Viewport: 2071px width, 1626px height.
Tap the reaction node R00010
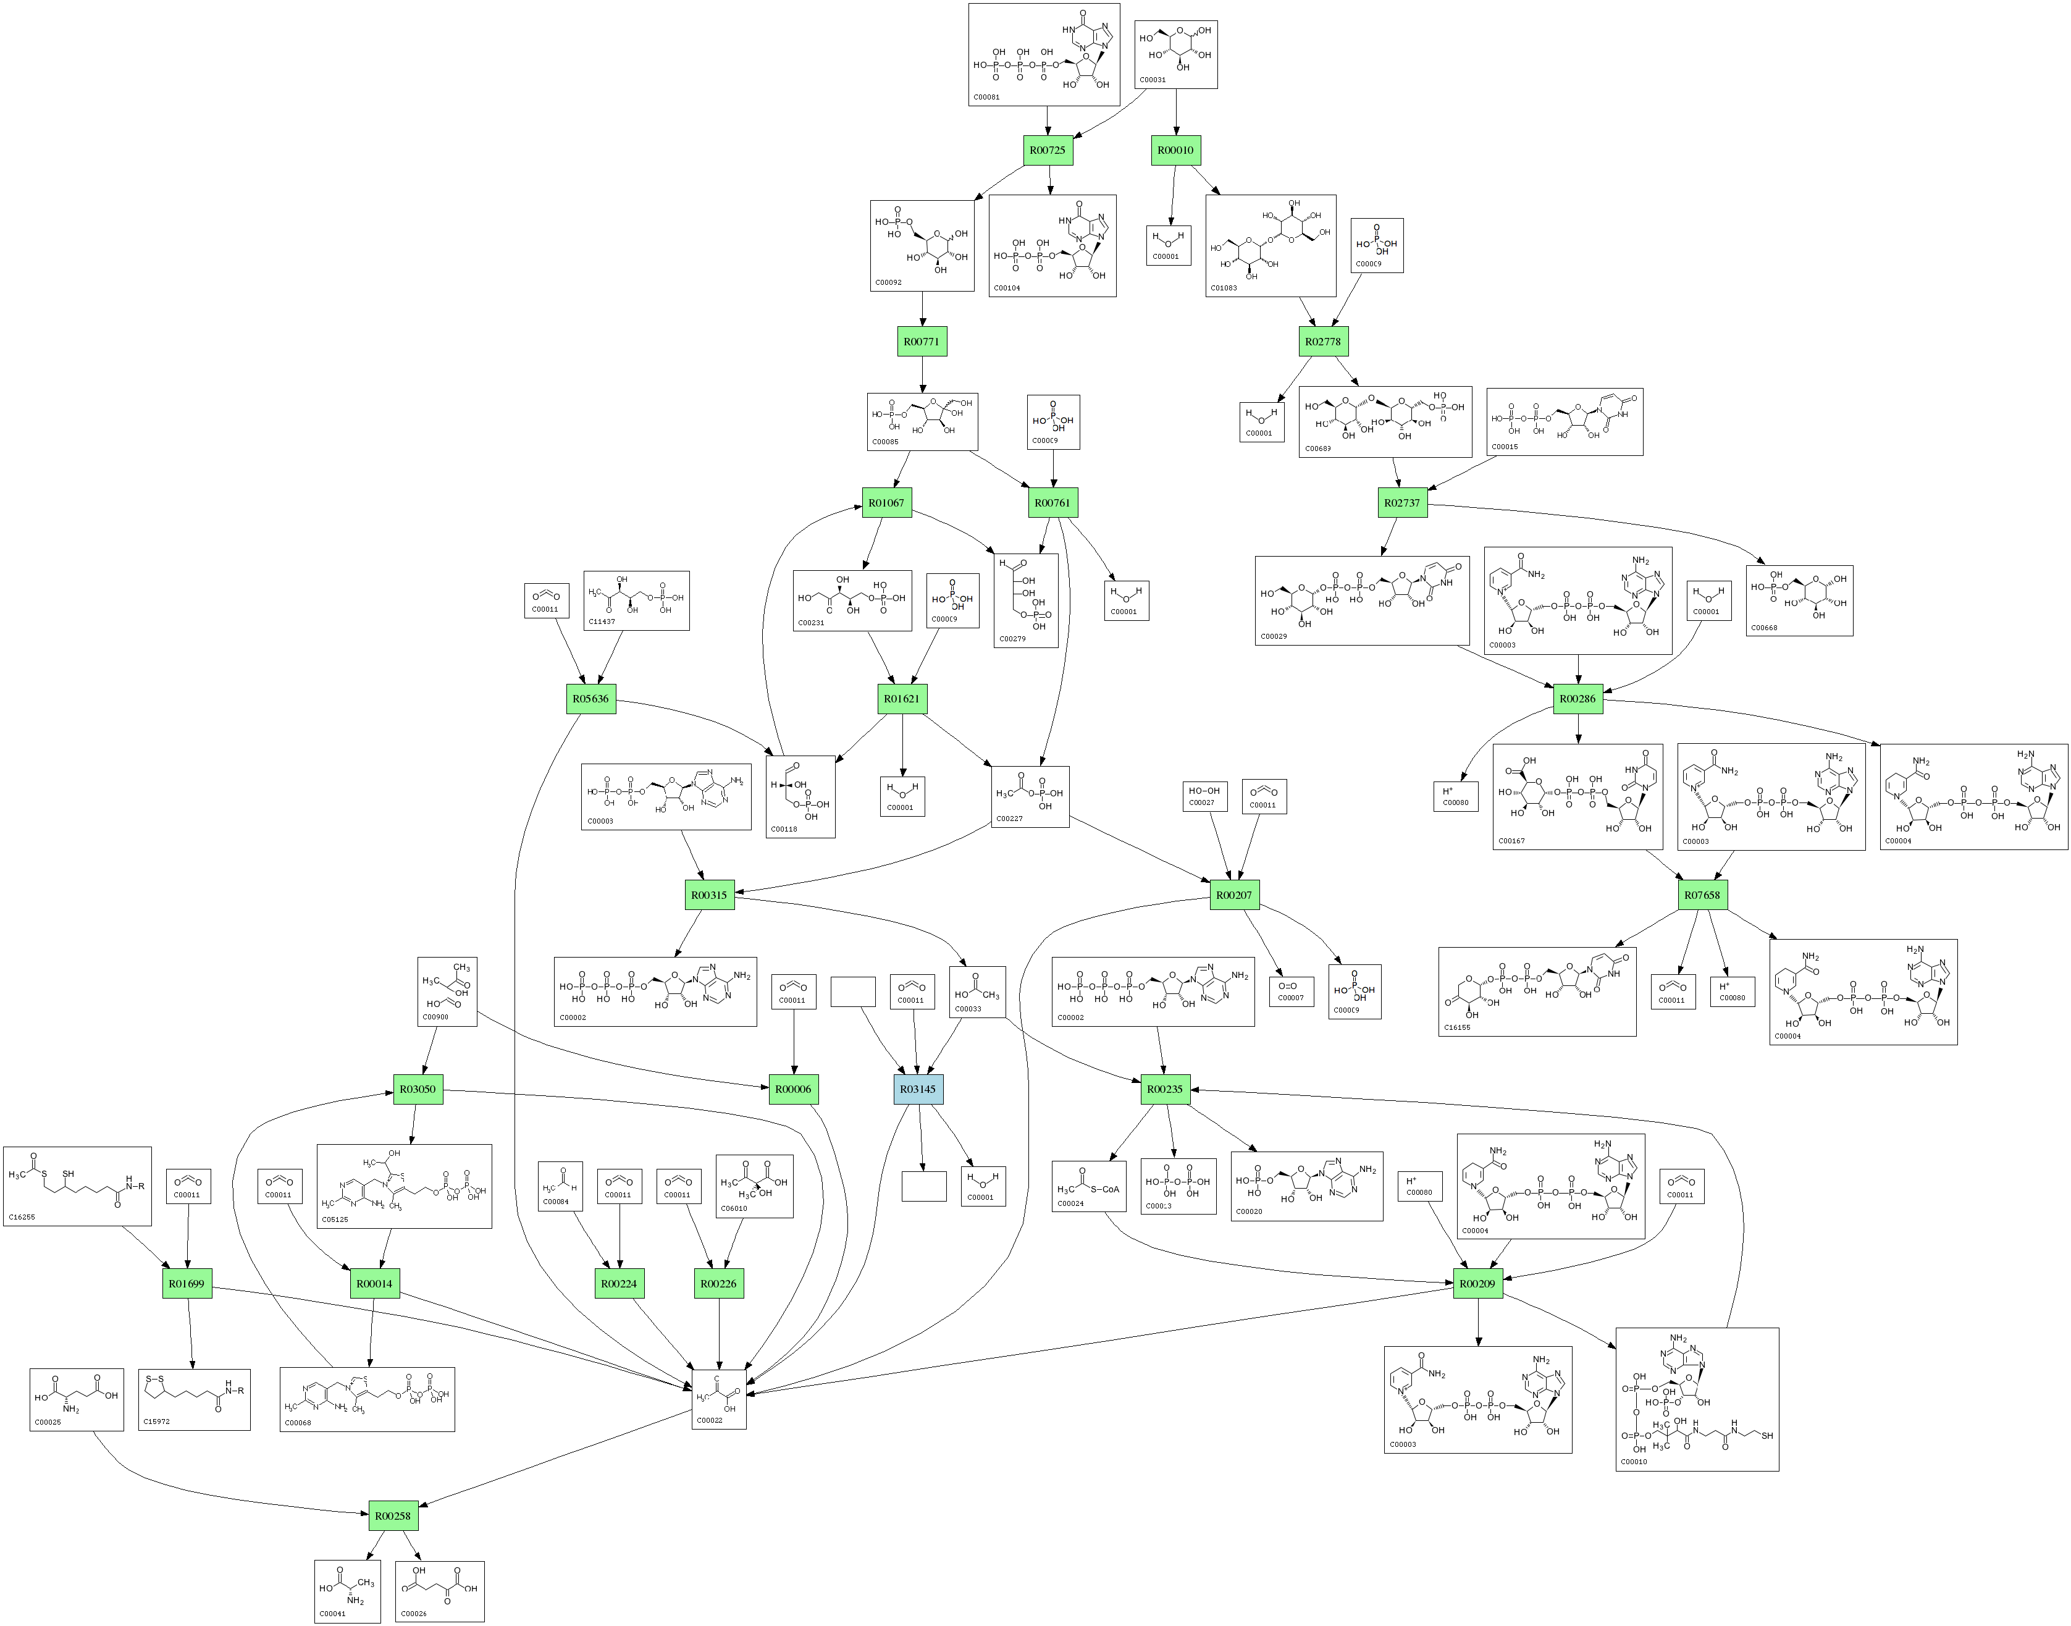[1175, 150]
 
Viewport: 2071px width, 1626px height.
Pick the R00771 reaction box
[922, 342]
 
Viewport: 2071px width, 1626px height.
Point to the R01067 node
[886, 503]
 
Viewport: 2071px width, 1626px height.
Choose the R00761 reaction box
[1052, 503]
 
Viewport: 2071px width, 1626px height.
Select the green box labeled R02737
[1402, 503]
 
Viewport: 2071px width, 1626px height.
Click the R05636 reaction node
[590, 699]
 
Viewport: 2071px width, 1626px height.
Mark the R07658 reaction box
[1702, 895]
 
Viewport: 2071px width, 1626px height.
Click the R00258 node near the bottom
[392, 1515]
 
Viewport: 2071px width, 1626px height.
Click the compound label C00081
[986, 97]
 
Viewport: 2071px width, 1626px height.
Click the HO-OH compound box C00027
[1204, 796]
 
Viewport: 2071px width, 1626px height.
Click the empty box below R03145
[923, 1186]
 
